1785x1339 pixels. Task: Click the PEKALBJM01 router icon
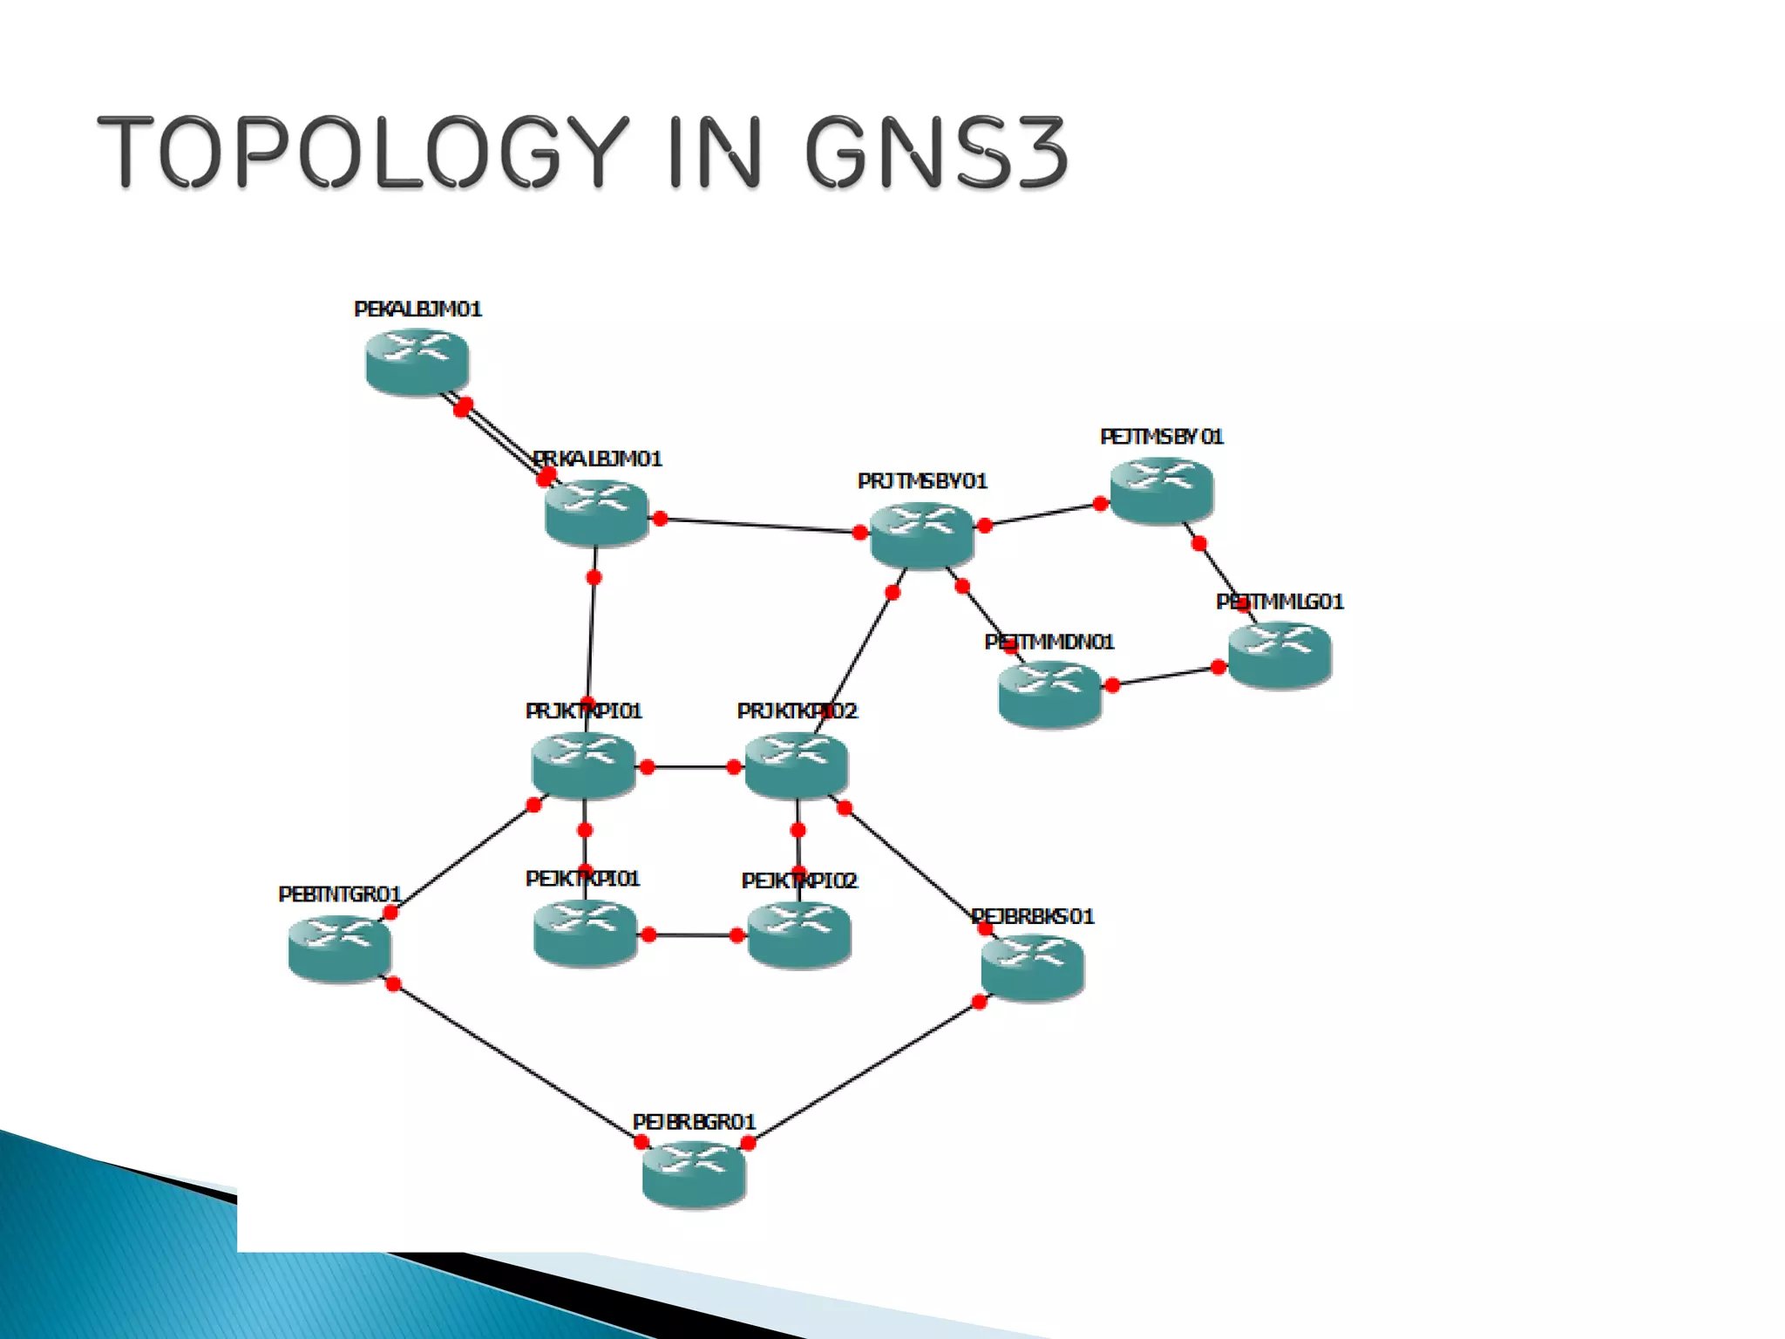tap(417, 361)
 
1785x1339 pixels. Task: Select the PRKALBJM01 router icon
tap(596, 513)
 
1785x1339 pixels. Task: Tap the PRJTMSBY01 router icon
tap(921, 535)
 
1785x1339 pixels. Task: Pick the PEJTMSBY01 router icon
tap(1161, 490)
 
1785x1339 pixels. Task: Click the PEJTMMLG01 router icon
tap(1279, 655)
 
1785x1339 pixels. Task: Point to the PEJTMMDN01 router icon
tap(1049, 694)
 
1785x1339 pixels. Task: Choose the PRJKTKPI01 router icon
tap(583, 765)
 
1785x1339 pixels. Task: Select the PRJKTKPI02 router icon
tap(796, 765)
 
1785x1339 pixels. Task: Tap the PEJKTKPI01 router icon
tap(585, 934)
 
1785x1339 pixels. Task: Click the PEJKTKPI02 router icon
tap(798, 935)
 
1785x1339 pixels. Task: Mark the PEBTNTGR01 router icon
tap(339, 948)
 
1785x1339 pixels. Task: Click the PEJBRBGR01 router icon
tap(694, 1174)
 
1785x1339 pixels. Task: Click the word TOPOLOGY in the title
tap(363, 152)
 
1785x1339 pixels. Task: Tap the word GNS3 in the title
tap(936, 152)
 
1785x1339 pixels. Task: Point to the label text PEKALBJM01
tap(417, 309)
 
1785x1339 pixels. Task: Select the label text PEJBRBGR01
tap(694, 1122)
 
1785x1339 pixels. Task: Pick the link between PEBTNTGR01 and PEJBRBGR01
tap(517, 1064)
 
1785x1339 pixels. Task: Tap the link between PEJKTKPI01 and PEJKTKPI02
tap(692, 935)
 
